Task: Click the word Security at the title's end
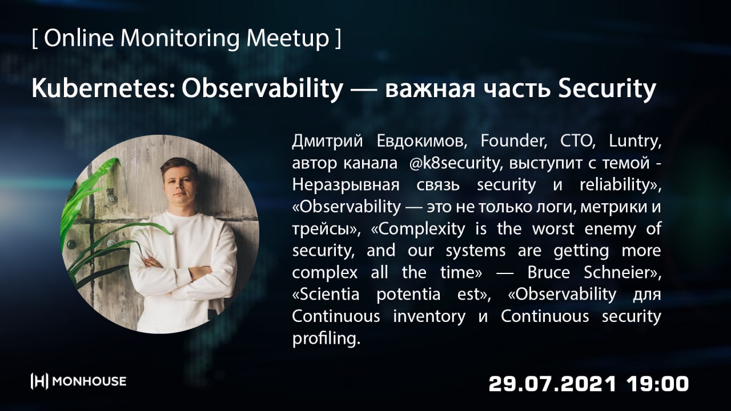607,89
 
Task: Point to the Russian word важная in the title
430,90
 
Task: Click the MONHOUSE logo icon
39,381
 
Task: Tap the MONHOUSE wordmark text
89,381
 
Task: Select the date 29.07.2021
552,384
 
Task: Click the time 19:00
657,384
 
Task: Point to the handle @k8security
454,163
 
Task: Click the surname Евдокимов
421,142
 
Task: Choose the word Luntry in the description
634,142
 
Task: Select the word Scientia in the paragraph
326,294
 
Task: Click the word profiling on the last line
326,339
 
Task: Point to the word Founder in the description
513,141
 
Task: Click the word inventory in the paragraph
429,316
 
